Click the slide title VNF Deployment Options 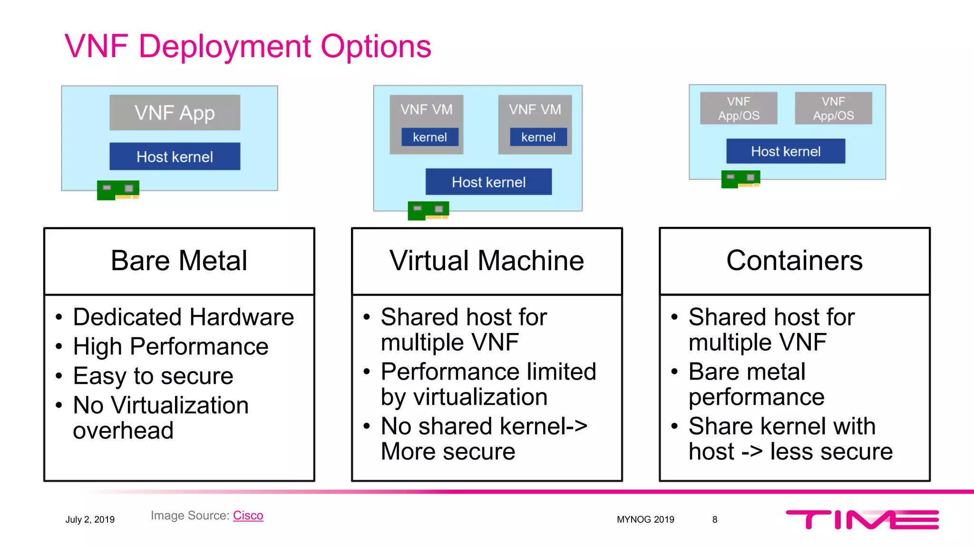pyautogui.click(x=247, y=47)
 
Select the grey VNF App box pyautogui.click(x=175, y=113)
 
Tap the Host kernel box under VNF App pyautogui.click(x=175, y=157)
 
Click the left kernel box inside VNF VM pyautogui.click(x=429, y=137)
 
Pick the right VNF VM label pyautogui.click(x=535, y=109)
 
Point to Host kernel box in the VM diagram pyautogui.click(x=488, y=182)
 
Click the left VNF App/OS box pyautogui.click(x=739, y=108)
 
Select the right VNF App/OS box pyautogui.click(x=833, y=108)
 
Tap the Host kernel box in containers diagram pyautogui.click(x=786, y=151)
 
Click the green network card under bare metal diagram pyautogui.click(x=118, y=190)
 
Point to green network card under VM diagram pyautogui.click(x=428, y=210)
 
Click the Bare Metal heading pyautogui.click(x=179, y=261)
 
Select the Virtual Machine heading pyautogui.click(x=487, y=261)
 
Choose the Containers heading pyautogui.click(x=794, y=261)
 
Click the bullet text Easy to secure pyautogui.click(x=153, y=376)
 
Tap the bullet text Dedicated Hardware pyautogui.click(x=183, y=317)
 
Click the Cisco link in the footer pyautogui.click(x=248, y=516)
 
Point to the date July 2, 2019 pyautogui.click(x=90, y=519)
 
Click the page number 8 pyautogui.click(x=714, y=519)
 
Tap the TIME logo pyautogui.click(x=862, y=519)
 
